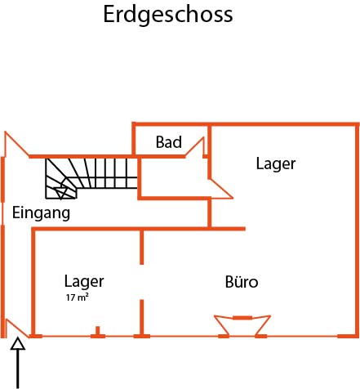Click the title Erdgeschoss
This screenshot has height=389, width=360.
168,15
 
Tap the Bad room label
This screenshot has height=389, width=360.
169,142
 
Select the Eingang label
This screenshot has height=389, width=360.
42,213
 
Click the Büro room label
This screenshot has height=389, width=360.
242,282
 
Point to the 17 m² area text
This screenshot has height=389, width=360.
78,297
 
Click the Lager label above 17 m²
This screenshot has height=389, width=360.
84,281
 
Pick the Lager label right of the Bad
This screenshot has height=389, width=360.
276,164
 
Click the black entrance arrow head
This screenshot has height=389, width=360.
18,344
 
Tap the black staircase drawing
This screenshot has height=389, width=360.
91,178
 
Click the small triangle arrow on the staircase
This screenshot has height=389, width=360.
61,192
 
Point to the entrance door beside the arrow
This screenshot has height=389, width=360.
17,329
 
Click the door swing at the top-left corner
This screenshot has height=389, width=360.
16,145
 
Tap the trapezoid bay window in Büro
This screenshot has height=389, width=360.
242,325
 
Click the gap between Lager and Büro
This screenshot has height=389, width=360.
141,282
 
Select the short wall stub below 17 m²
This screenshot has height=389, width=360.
98,330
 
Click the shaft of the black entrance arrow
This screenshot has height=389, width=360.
18,369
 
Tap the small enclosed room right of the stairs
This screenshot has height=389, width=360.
174,177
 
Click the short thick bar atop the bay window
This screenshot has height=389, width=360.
242,318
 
